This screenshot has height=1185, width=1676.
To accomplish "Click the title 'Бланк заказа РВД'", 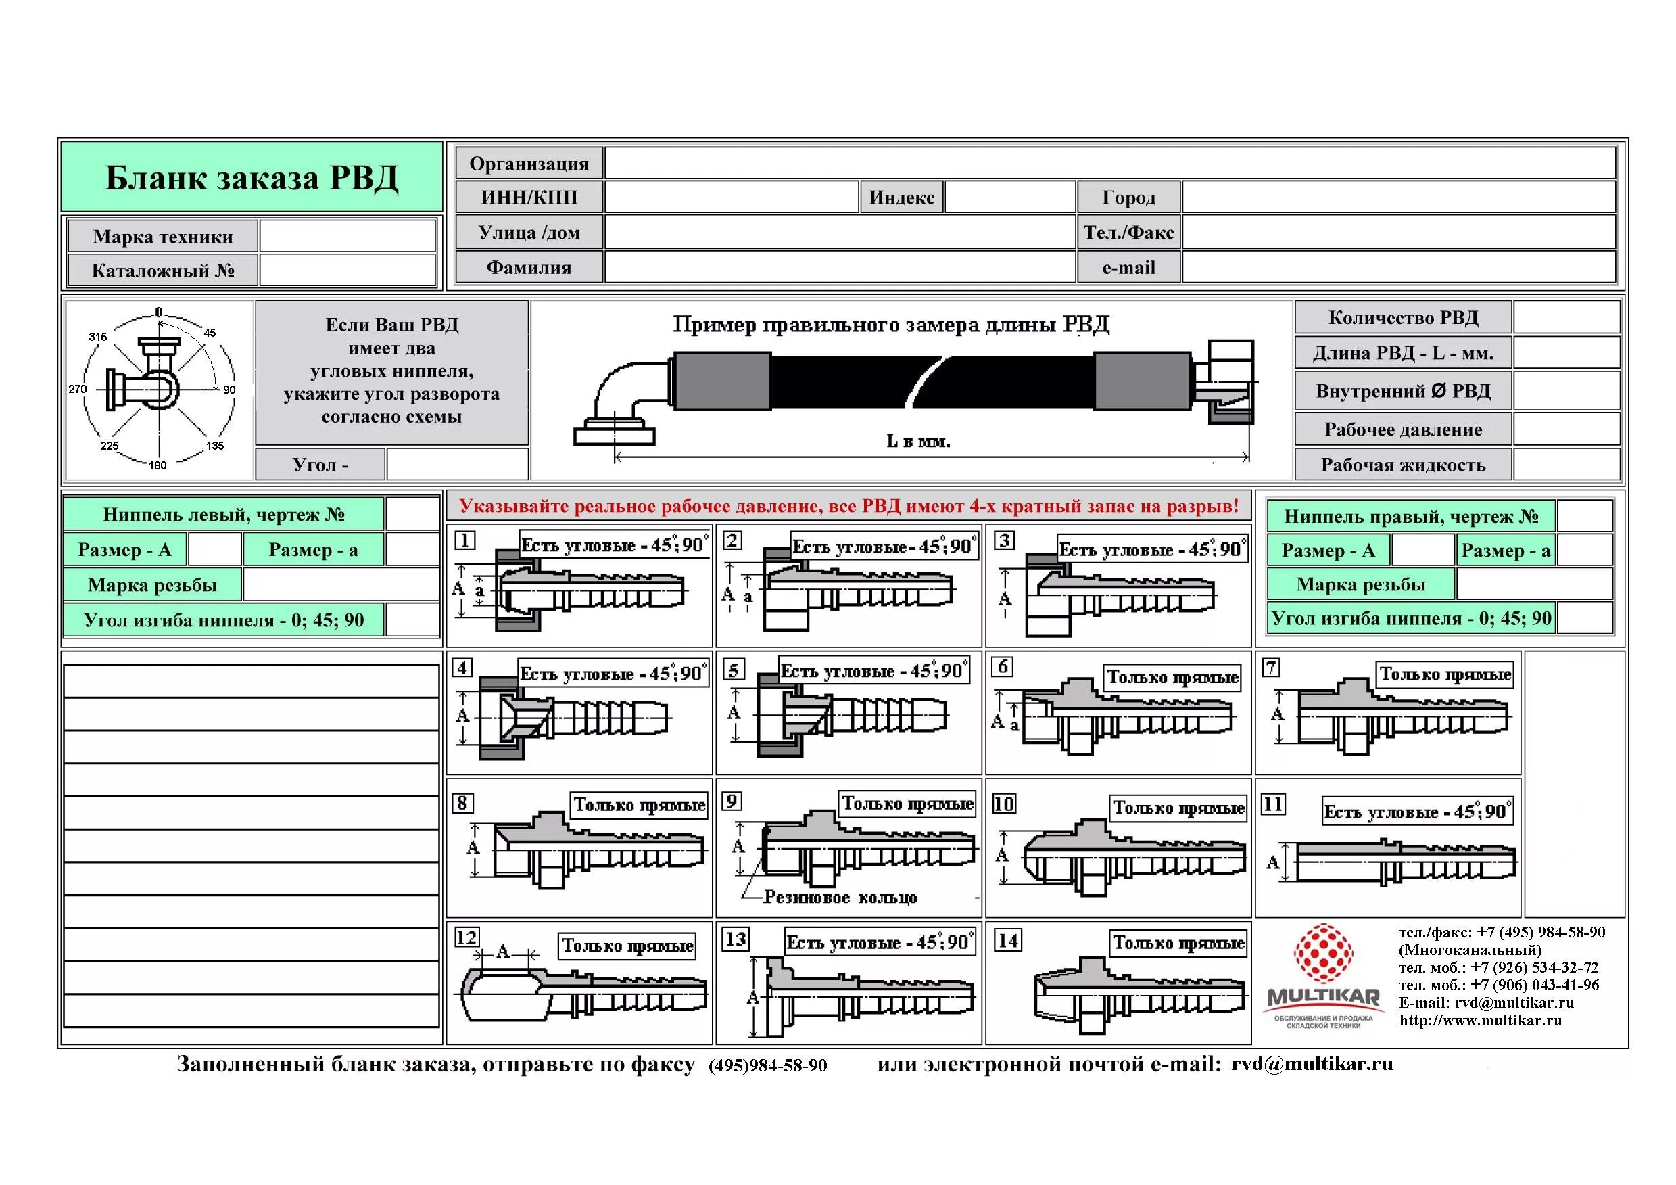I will pos(252,178).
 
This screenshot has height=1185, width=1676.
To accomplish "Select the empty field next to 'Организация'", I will pos(1109,163).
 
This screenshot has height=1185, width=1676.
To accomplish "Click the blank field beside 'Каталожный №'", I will pos(348,270).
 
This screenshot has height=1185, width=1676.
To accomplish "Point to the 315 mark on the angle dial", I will pos(98,337).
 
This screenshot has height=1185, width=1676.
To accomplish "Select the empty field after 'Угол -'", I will pos(457,465).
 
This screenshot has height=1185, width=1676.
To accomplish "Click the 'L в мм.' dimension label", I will pos(917,441).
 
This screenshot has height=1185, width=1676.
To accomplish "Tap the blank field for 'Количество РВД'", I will pos(1566,318).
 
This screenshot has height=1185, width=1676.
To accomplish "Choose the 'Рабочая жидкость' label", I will pos(1402,465).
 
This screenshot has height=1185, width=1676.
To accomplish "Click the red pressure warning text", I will pos(848,506).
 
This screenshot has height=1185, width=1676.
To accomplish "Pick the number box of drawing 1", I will pos(465,540).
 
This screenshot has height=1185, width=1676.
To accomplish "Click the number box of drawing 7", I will pos(1271,668).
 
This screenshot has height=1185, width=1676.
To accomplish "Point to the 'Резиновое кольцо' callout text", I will pos(840,898).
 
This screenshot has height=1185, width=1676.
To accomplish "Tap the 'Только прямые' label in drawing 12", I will pos(627,946).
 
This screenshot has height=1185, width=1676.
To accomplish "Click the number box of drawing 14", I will pos(1007,940).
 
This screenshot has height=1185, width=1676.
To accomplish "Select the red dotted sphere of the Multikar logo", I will pos(1322,953).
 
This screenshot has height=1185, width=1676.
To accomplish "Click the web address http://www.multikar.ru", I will pos(1481,1021).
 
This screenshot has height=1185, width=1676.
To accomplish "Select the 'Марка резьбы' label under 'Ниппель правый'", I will pos(1361,584).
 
